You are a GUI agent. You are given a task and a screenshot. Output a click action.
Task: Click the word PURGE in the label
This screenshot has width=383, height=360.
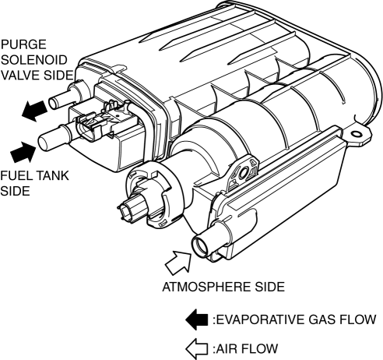pos(23,44)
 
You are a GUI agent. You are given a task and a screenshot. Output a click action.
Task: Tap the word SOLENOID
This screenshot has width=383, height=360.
pos(34,60)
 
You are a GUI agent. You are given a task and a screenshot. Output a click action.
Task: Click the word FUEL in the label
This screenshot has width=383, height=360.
pos(16,175)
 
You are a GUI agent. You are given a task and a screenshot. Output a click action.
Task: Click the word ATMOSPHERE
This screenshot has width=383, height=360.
pos(205,287)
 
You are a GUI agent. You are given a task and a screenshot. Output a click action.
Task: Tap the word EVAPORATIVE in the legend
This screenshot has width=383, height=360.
pos(260,319)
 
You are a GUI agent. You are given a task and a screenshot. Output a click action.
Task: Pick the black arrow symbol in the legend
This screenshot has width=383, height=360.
pos(197,319)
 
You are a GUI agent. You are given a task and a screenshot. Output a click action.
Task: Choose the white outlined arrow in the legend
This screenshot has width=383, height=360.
pos(197,349)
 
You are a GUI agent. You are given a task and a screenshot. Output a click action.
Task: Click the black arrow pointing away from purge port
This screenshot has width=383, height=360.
pos(34,111)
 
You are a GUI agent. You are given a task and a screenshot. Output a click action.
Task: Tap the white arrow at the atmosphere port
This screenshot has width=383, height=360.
pos(178,263)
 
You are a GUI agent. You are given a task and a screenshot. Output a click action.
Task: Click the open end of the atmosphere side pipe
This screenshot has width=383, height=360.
pos(199,246)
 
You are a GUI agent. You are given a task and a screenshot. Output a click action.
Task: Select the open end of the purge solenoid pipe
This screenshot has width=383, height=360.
pos(53,104)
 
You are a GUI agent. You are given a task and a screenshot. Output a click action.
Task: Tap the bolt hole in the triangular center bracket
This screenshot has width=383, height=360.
pos(244,173)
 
